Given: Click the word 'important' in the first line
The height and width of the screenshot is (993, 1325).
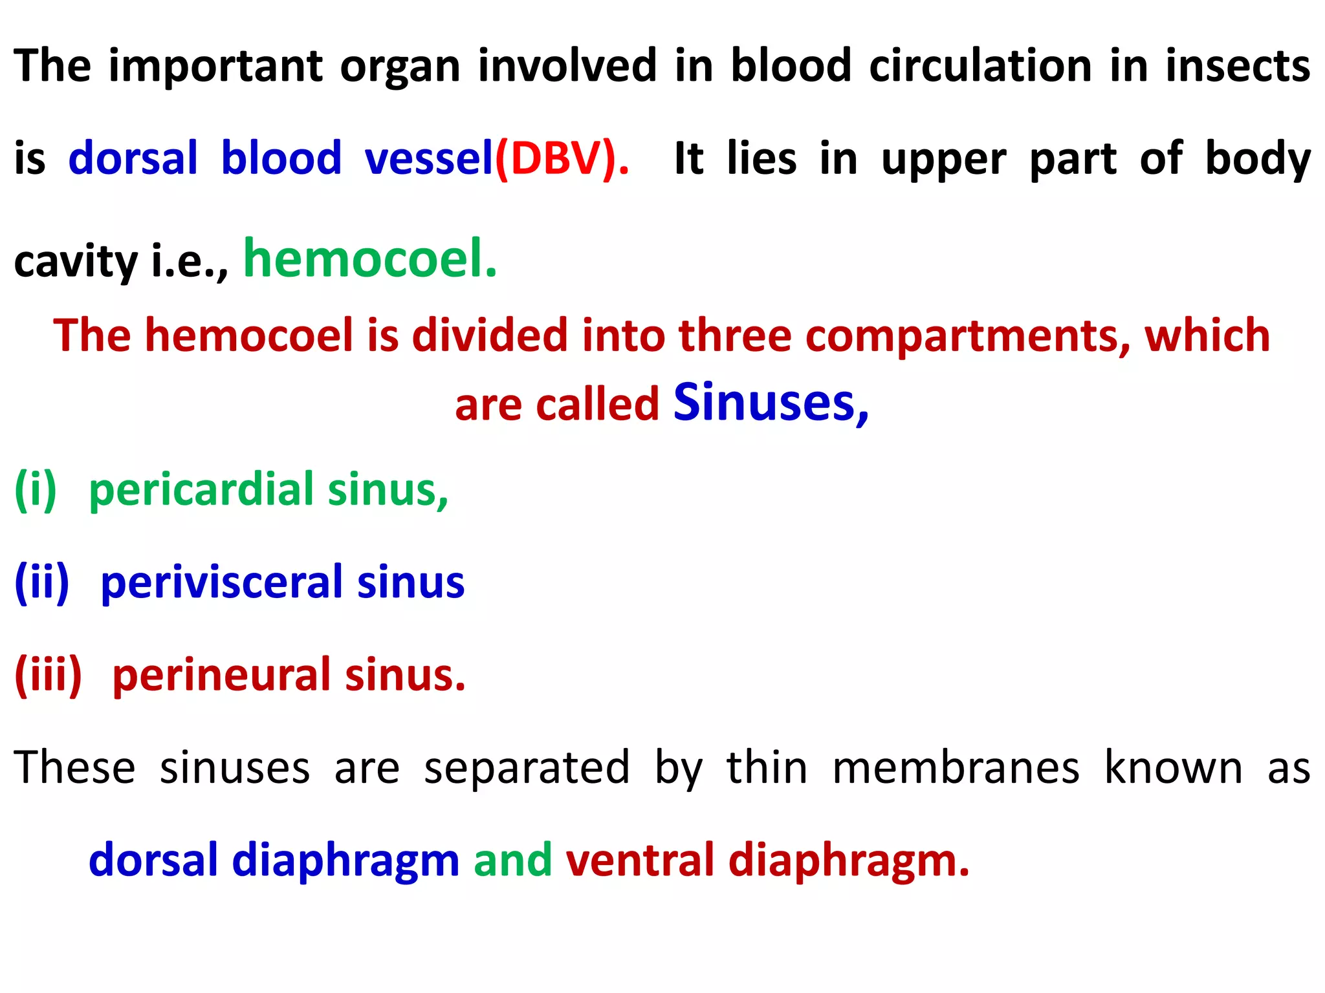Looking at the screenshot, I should pyautogui.click(x=215, y=66).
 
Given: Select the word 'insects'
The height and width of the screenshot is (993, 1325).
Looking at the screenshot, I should pyautogui.click(x=1238, y=66).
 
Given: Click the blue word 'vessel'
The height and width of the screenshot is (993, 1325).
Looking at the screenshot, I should pyautogui.click(x=429, y=158).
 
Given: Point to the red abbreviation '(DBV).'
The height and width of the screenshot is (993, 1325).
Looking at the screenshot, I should pyautogui.click(x=562, y=158).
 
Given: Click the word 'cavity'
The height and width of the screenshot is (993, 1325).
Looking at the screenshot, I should pyautogui.click(x=76, y=262).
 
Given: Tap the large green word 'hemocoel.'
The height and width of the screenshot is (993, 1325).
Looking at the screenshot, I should pyautogui.click(x=370, y=258).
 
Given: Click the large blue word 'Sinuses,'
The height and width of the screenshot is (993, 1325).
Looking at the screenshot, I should pyautogui.click(x=771, y=402).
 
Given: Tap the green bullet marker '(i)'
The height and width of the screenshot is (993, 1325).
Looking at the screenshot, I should pyautogui.click(x=36, y=489).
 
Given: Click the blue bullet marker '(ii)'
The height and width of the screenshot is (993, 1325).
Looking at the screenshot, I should pyautogui.click(x=42, y=582).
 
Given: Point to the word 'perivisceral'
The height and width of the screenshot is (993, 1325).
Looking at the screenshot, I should pyautogui.click(x=220, y=582).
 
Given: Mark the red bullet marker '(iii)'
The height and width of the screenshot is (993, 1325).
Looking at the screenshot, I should pyautogui.click(x=49, y=675).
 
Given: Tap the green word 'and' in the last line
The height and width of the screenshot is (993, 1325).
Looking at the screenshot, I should pyautogui.click(x=512, y=860).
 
